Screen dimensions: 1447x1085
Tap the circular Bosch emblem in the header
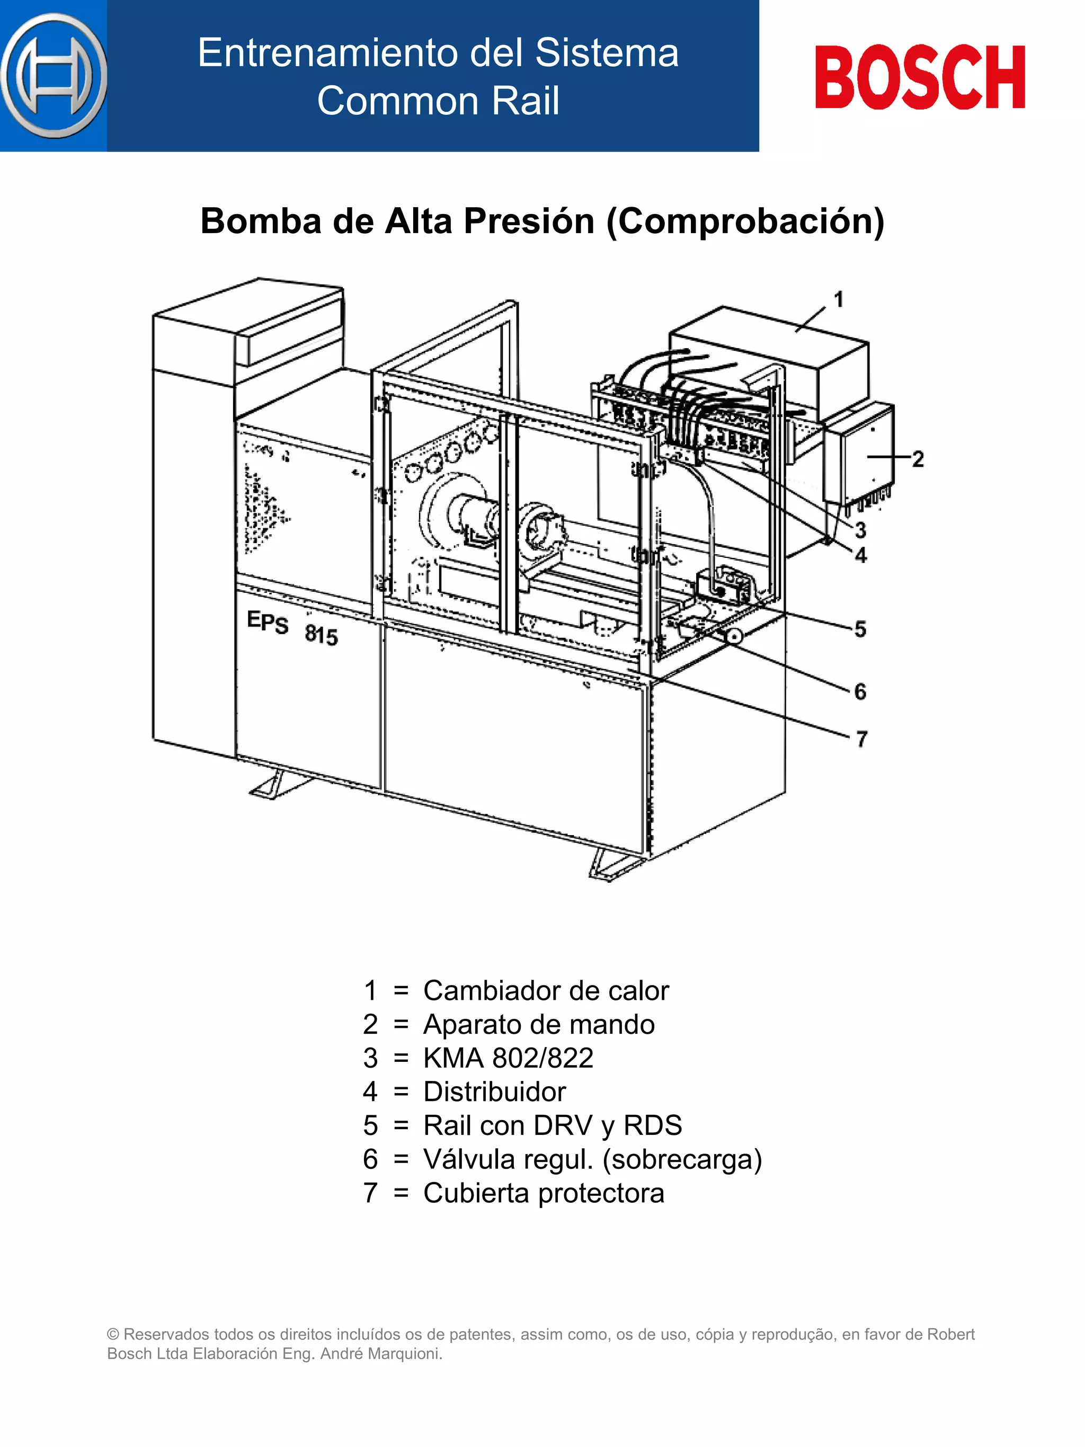54,76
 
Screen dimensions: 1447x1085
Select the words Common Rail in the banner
438,101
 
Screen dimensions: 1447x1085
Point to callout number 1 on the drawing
839,299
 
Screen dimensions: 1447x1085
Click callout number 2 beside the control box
918,458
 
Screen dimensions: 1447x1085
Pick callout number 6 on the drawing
860,691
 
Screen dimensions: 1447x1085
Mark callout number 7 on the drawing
861,739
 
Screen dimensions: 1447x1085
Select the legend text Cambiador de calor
546,990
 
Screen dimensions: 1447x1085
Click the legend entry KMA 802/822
508,1058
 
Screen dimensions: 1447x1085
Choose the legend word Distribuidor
494,1092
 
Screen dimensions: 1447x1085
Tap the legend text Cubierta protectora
544,1193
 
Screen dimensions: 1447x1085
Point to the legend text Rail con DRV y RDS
553,1125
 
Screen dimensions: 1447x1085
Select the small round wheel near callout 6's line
734,636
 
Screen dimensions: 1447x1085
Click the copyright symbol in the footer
113,1335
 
